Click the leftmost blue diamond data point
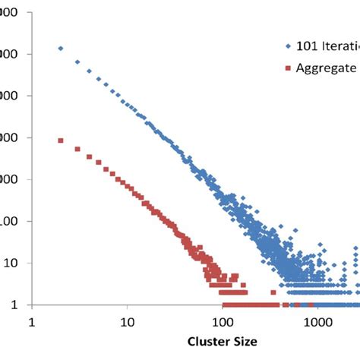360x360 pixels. [61, 48]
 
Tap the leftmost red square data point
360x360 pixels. [61, 141]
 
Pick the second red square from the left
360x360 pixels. [77, 150]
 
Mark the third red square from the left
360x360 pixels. [89, 157]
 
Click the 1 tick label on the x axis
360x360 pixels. [33, 321]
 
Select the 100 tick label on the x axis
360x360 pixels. [222, 321]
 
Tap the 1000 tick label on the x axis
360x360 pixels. [317, 321]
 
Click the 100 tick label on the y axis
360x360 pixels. [11, 222]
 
